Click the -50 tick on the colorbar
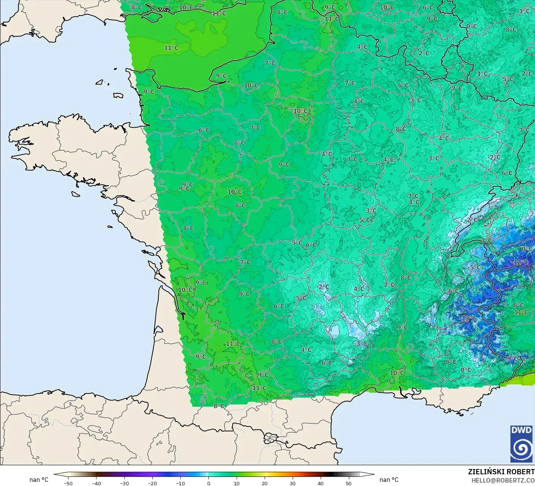pos(68,483)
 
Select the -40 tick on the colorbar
pos(96,483)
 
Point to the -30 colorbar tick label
pos(124,483)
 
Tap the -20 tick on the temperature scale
pos(152,483)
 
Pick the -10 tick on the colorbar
pos(180,483)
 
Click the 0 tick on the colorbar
pos(209,483)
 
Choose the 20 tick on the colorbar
pos(265,483)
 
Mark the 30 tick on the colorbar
pos(293,483)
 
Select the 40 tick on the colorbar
pos(321,483)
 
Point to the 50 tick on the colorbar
pos(349,483)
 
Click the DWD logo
pos(521,444)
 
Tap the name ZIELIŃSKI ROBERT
pos(501,472)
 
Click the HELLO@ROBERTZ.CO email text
pos(503,480)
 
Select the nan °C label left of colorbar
pos(39,480)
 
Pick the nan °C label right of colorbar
pos(389,480)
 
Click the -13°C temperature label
pos(468,318)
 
